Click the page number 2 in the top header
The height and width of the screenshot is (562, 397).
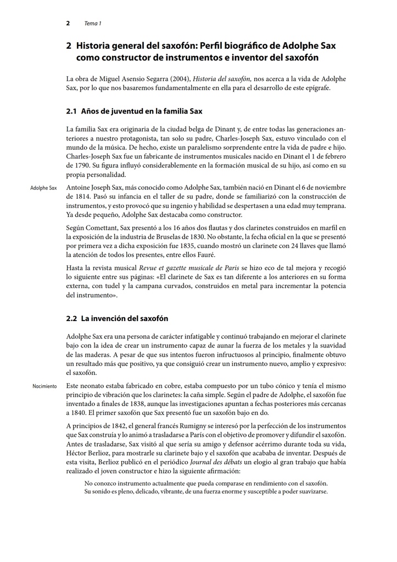pos(68,23)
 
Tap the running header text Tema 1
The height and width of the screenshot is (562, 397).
pos(93,24)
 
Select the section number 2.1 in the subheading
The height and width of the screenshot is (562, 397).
pos(71,111)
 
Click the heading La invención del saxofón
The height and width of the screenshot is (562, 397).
pos(125,318)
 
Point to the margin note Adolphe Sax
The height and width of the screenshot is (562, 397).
pos(43,188)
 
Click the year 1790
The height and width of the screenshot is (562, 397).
pos(75,165)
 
